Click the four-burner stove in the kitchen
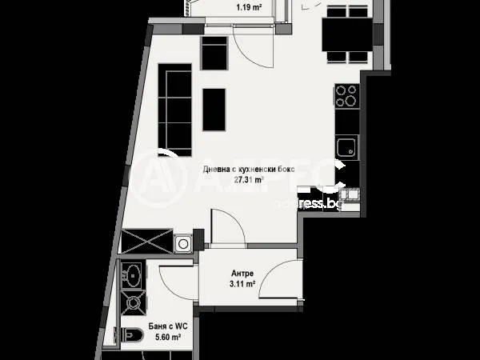346,96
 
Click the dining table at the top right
346,34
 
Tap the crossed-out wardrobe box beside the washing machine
145,242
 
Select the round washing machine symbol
184,242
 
